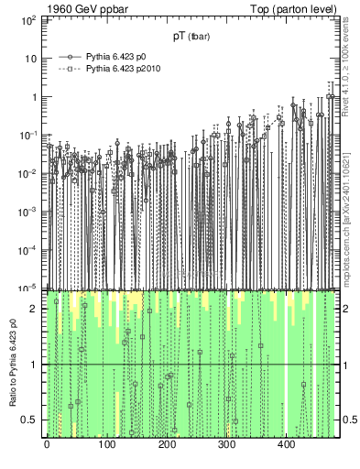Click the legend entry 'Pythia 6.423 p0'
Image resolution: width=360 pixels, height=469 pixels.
[115, 57]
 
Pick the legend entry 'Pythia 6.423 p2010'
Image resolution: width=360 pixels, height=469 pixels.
[121, 69]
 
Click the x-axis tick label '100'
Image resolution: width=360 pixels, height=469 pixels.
[106, 446]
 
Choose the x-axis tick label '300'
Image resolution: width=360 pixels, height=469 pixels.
[226, 446]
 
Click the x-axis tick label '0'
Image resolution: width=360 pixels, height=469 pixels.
[47, 446]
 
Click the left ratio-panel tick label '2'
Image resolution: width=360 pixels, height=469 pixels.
[35, 309]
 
